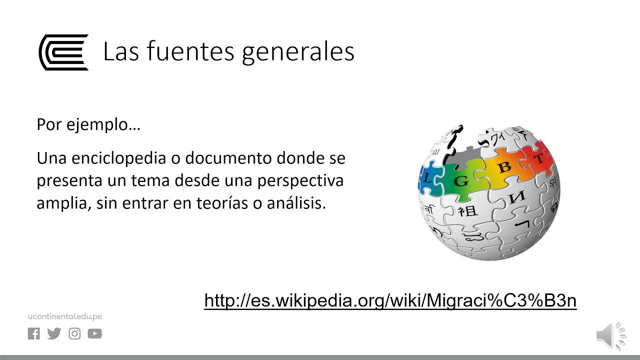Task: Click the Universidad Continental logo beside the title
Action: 63,52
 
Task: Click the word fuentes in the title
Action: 190,51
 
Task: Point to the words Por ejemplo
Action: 88,125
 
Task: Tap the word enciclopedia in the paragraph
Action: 118,158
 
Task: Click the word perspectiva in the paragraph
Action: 300,181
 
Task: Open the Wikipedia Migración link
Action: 390,300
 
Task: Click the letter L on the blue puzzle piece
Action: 427,178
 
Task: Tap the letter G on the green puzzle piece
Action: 461,181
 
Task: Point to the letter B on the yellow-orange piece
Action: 505,167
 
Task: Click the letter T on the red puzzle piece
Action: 539,158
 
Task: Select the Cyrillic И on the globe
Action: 517,197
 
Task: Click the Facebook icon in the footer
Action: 33,333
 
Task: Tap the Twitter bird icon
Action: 54,333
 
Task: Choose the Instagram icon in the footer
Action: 74,333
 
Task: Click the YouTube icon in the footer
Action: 95,333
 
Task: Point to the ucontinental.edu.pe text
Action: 65,316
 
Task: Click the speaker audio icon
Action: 611,335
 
